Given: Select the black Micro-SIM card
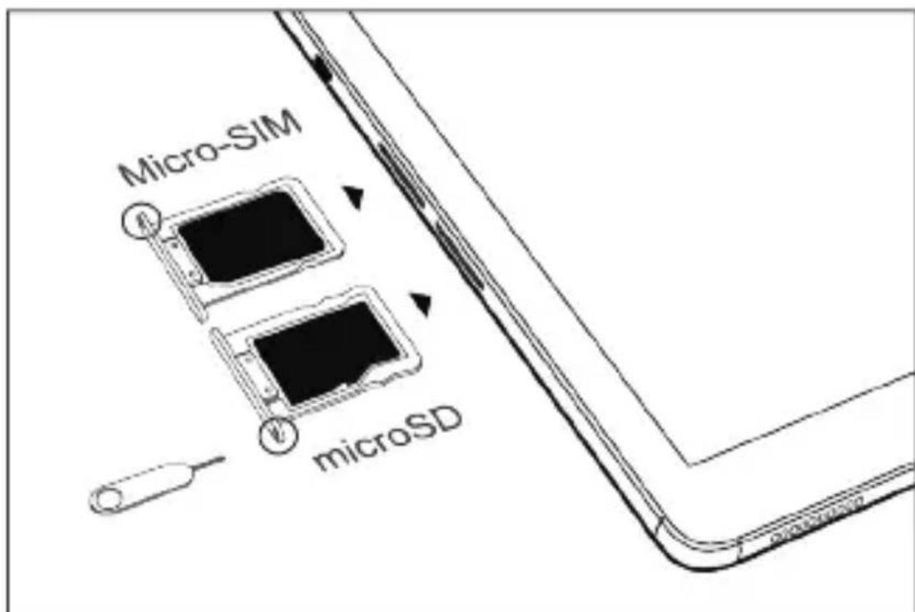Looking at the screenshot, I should pyautogui.click(x=251, y=234).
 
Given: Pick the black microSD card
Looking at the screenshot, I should pyautogui.click(x=328, y=349).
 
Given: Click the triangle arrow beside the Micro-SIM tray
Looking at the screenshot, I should pyautogui.click(x=354, y=197).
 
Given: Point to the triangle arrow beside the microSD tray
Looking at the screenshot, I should pyautogui.click(x=422, y=304).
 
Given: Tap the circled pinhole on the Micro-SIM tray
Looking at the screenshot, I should pyautogui.click(x=142, y=218).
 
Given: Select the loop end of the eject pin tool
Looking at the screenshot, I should pyautogui.click(x=111, y=497).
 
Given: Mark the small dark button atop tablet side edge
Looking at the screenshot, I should pyautogui.click(x=323, y=71).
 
